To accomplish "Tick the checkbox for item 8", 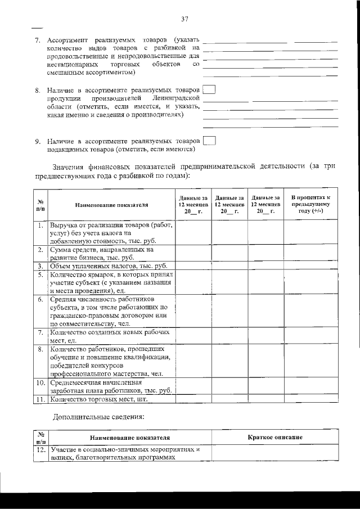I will coord(209,90).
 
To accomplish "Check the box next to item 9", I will coord(209,141).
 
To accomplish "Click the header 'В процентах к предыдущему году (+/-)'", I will coord(310,205).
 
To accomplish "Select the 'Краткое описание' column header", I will coord(275,437).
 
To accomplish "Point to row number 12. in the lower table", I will coord(40,451).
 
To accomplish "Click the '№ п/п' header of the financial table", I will coord(40,205).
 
